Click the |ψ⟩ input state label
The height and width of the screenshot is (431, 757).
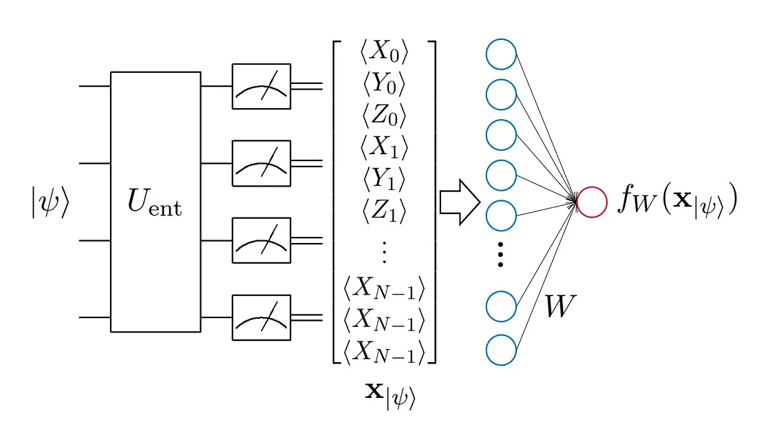pos(50,204)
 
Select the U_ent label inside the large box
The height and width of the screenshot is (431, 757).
pos(155,202)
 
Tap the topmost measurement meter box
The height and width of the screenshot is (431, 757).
pos(262,86)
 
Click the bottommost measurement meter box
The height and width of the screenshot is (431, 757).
pos(262,317)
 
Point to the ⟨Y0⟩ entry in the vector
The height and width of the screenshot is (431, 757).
pos(384,84)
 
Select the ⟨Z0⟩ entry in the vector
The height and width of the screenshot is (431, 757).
pos(384,114)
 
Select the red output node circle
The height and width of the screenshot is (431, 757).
pos(592,202)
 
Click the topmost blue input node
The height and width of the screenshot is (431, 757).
pos(501,54)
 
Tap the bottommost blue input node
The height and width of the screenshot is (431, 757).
pos(501,350)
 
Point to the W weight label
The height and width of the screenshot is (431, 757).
pos(560,307)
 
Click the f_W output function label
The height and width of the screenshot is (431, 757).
pos(677,201)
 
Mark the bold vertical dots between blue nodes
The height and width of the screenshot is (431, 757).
pos(501,255)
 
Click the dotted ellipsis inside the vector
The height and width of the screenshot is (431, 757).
pos(384,253)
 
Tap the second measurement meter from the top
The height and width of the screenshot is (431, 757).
pos(262,163)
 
